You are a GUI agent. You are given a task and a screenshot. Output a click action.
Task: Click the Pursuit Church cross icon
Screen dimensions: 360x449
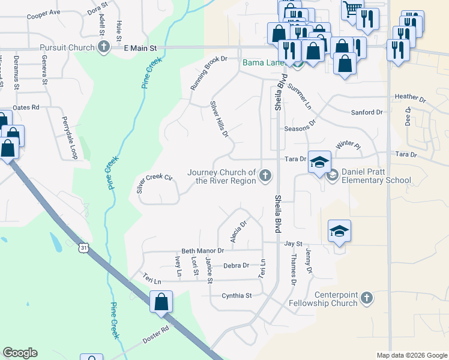tap(104, 47)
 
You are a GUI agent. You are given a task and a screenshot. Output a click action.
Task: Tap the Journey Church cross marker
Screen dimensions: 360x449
tap(265, 176)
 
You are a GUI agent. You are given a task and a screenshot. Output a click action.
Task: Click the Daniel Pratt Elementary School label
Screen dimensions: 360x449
tap(376, 176)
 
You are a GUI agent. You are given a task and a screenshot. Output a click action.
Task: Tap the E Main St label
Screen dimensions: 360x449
tap(140, 47)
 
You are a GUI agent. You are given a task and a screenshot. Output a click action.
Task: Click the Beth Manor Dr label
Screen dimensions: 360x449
tap(202, 250)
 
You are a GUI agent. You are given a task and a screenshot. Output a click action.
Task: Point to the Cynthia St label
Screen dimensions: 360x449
tap(236, 295)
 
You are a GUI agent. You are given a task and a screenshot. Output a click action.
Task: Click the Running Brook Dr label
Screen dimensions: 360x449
tap(208, 73)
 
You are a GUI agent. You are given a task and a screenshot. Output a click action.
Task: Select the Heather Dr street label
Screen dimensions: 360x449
tap(410, 97)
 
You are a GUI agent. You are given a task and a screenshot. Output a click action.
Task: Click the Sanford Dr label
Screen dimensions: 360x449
tap(366, 112)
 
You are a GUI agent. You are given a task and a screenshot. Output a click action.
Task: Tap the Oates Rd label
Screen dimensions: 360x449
tap(26, 107)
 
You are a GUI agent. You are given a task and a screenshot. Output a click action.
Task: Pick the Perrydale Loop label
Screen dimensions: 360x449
tap(70, 137)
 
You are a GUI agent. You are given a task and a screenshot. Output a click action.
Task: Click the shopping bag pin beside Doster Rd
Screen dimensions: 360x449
tap(161, 302)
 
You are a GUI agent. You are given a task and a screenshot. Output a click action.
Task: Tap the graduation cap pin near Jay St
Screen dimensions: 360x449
tap(339, 231)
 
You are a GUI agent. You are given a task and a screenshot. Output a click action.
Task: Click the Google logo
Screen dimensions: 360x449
tap(20, 353)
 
